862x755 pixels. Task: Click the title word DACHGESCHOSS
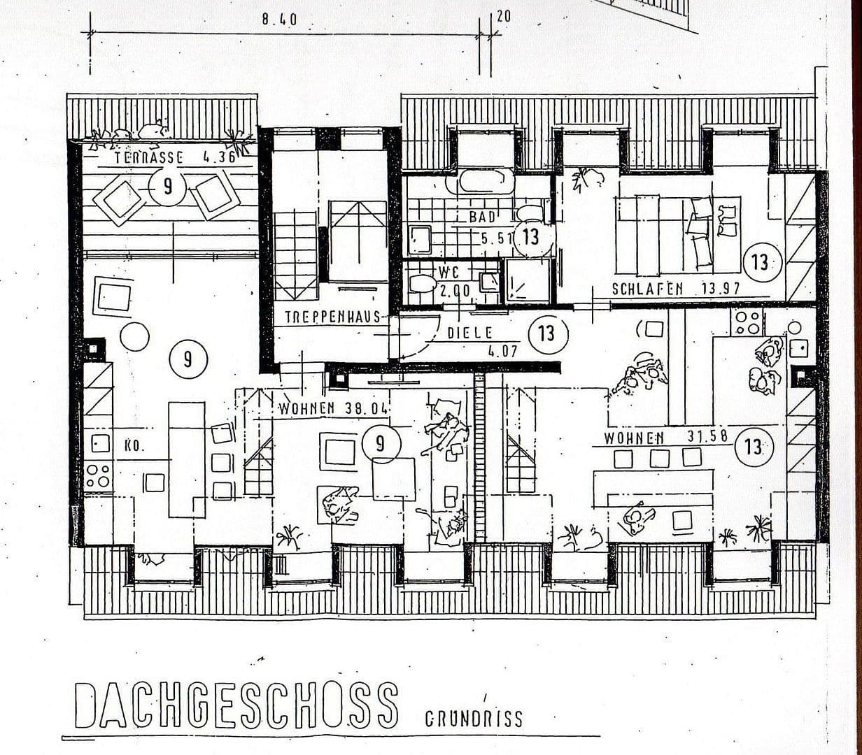(236, 705)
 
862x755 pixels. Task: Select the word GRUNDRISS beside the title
(474, 719)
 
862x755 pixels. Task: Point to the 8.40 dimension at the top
(279, 20)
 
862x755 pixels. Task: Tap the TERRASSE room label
(150, 158)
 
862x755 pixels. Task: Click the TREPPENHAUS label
(332, 317)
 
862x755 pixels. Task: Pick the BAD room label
(482, 217)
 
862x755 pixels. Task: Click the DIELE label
(469, 333)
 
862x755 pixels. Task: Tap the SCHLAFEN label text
(647, 289)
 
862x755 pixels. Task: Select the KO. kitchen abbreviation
(134, 447)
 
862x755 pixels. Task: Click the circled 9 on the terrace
(167, 189)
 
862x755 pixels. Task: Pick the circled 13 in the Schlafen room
(760, 263)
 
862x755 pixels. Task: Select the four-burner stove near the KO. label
(97, 476)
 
